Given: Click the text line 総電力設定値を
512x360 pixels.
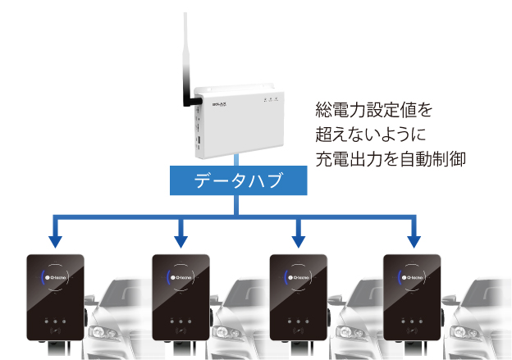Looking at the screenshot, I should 373,109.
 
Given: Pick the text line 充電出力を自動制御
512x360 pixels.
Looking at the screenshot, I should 390,157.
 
